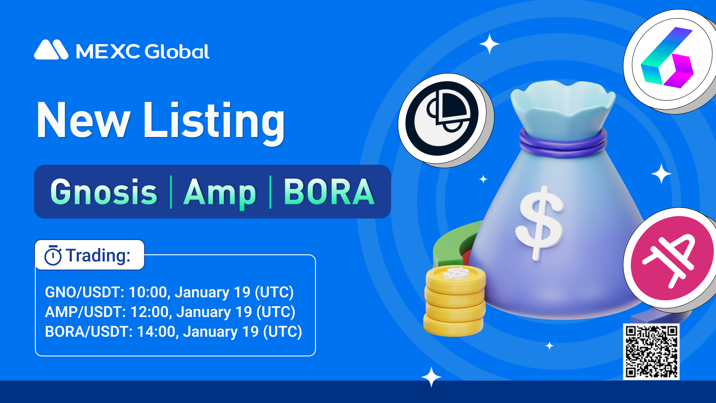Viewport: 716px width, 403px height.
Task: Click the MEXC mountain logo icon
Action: (x=51, y=50)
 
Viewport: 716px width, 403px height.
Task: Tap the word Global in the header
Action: (x=177, y=51)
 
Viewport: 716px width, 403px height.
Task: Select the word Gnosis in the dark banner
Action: (x=104, y=192)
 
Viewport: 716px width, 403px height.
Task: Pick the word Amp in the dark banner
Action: (x=220, y=193)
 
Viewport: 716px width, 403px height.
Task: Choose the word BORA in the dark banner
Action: (x=329, y=192)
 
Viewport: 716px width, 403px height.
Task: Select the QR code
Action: (x=651, y=352)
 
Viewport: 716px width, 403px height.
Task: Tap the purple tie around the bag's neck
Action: (x=563, y=143)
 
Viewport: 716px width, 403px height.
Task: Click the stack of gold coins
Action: (x=455, y=300)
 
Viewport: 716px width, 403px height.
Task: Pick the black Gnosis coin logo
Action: (x=442, y=119)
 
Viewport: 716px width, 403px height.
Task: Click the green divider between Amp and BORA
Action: (x=270, y=192)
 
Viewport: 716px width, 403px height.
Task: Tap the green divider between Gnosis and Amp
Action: (x=171, y=192)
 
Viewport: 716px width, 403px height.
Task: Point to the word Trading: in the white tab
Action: (x=98, y=256)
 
